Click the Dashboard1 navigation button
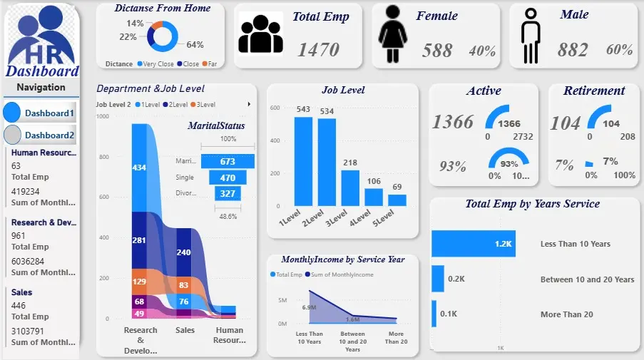[41, 113]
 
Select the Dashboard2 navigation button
[41, 135]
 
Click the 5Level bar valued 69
[397, 200]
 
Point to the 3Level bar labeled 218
[350, 187]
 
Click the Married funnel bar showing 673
[228, 161]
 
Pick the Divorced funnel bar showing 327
[228, 193]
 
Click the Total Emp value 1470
[318, 49]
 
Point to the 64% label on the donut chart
[195, 44]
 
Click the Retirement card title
[593, 91]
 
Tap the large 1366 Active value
[453, 122]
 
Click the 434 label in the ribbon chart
[139, 167]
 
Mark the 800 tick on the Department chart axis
[103, 157]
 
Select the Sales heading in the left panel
[21, 292]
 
